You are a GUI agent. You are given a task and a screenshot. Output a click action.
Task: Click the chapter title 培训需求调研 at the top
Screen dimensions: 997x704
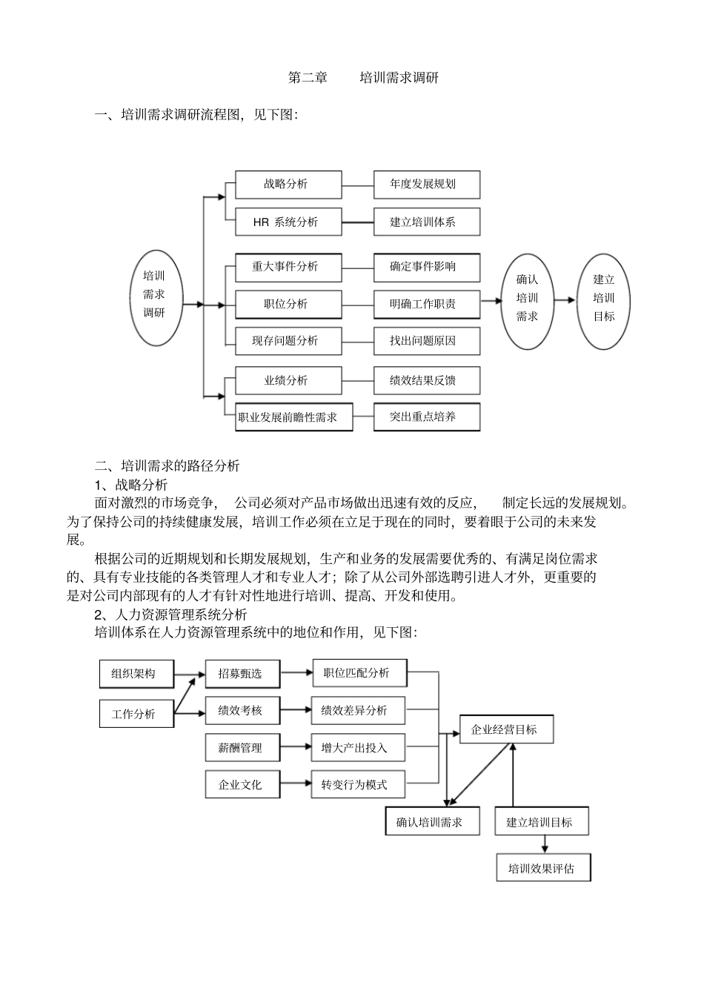click(x=399, y=78)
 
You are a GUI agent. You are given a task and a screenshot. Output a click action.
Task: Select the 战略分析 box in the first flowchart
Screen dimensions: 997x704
click(x=288, y=185)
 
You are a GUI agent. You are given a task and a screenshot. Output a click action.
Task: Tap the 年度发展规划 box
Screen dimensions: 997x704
click(x=426, y=185)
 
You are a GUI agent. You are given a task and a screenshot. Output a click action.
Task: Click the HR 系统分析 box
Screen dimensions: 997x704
click(x=288, y=222)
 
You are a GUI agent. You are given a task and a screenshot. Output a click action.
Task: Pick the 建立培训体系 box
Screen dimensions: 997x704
click(x=426, y=222)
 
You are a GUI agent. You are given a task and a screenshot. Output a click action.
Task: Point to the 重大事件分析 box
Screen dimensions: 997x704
click(x=288, y=267)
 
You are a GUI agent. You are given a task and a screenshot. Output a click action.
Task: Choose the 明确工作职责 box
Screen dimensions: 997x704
click(x=426, y=304)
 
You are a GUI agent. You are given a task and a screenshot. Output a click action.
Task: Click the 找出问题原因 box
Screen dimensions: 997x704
click(x=426, y=341)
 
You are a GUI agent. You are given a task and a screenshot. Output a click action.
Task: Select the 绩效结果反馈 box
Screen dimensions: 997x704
click(x=426, y=380)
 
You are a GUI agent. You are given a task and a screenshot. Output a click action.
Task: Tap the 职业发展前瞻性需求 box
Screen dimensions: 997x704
click(x=293, y=417)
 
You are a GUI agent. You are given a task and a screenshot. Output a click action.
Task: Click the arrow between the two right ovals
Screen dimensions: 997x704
click(x=565, y=300)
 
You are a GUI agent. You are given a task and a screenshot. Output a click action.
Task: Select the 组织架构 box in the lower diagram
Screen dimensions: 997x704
click(x=136, y=674)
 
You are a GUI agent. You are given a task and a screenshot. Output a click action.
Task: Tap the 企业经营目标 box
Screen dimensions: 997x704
click(x=506, y=729)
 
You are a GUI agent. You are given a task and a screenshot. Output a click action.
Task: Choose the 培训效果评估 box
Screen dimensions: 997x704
click(x=543, y=868)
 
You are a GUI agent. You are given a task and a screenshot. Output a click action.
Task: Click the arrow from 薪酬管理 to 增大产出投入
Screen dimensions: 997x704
click(x=296, y=747)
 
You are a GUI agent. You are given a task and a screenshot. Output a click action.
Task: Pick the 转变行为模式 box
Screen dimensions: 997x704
click(x=359, y=784)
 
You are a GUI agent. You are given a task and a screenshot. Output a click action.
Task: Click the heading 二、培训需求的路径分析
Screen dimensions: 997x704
click(x=167, y=466)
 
